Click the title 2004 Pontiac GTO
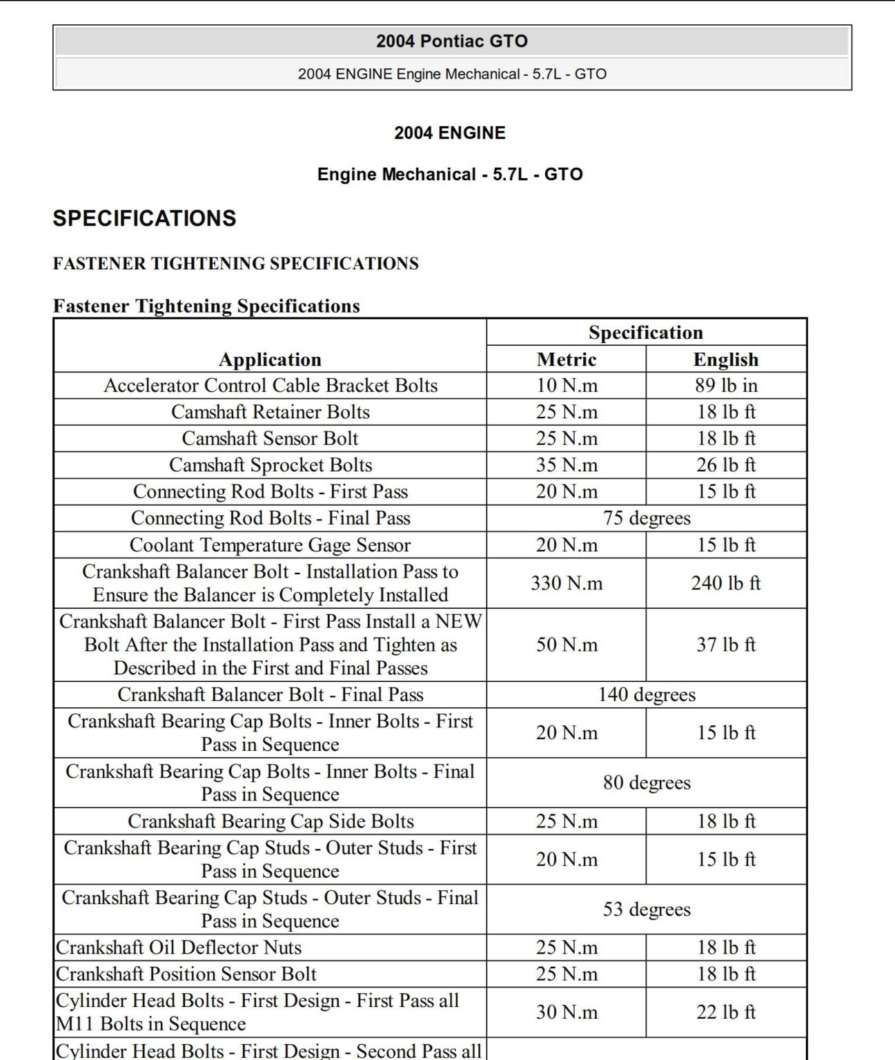[x=452, y=41]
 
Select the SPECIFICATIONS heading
[x=144, y=218]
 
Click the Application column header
[x=270, y=359]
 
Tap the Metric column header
[x=567, y=359]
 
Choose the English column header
[x=726, y=359]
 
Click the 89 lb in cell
[x=726, y=385]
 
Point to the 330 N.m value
[x=567, y=583]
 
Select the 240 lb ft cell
[x=726, y=583]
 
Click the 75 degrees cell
[x=647, y=518]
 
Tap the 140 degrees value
[x=647, y=694]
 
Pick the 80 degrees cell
[x=647, y=783]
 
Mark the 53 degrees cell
[x=647, y=909]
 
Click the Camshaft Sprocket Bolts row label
[x=271, y=465]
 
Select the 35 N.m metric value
[x=567, y=465]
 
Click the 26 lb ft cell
[x=726, y=465]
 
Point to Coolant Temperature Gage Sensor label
[x=270, y=544]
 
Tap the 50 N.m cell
[x=567, y=645]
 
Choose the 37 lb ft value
[x=726, y=645]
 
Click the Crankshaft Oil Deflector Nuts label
[x=179, y=948]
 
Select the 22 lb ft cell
[x=726, y=1012]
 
